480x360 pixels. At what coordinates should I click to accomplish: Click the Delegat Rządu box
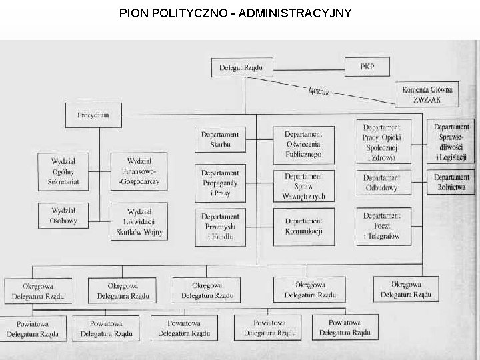tap(241, 67)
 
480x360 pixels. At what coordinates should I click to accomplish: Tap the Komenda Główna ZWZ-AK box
tap(427, 94)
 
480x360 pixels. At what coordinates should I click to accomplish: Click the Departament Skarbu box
tap(220, 139)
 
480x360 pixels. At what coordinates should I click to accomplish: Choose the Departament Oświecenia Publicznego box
tap(303, 144)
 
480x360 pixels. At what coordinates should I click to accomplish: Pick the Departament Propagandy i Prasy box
tap(220, 183)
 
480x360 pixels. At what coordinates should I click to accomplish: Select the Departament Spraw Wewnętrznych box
tap(303, 186)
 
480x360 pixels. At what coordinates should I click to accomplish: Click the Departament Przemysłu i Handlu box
tap(220, 226)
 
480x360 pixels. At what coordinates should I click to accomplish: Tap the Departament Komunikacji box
tap(303, 226)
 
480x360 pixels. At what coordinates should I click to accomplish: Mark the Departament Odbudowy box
tap(382, 183)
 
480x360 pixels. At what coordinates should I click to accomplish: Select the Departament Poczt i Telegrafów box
tap(382, 226)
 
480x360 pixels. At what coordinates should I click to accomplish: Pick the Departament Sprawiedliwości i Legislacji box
tap(451, 142)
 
